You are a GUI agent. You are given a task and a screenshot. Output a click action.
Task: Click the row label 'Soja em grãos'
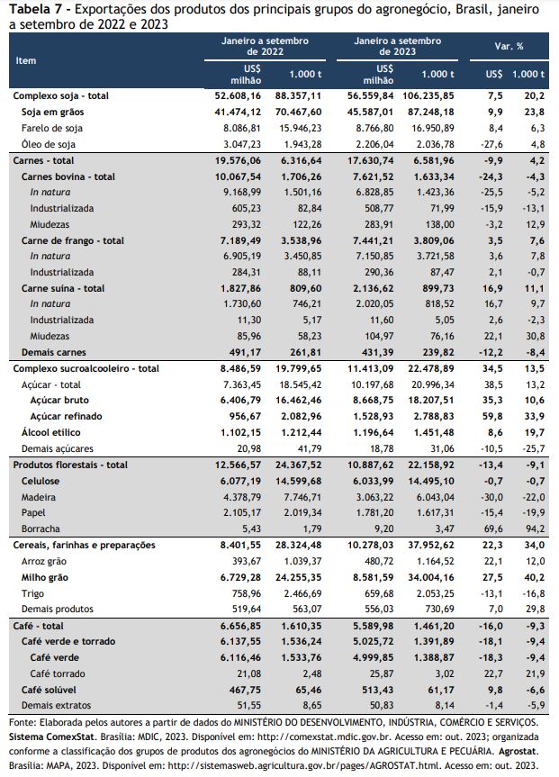coord(52,112)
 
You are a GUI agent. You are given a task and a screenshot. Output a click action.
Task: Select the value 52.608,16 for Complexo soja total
coord(238,95)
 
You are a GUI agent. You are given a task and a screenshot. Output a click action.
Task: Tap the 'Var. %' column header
coord(509,46)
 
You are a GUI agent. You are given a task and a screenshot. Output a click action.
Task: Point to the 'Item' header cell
coord(26,60)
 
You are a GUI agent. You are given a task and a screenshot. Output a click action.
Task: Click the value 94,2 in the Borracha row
coord(536,529)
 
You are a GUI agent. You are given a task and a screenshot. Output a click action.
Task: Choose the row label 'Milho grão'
coord(45,577)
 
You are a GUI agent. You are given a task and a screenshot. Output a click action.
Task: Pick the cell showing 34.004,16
coord(430,577)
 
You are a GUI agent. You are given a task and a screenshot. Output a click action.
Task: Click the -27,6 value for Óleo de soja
coord(491,144)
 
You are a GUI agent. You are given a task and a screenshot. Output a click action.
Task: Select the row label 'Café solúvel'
coord(49,690)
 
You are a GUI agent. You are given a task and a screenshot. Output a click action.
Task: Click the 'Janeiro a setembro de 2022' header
coord(266,46)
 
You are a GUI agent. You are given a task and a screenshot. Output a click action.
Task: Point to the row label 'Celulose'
coord(41,481)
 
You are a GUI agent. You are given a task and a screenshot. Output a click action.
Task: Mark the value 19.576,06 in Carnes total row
coord(238,160)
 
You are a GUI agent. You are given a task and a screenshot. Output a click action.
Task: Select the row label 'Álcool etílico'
coord(50,432)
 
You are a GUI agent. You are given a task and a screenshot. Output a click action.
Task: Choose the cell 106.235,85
coord(428,95)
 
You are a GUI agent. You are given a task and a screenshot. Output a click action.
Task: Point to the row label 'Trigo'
coord(32,593)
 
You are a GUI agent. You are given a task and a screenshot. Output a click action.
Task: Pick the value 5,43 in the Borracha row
coord(250,529)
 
